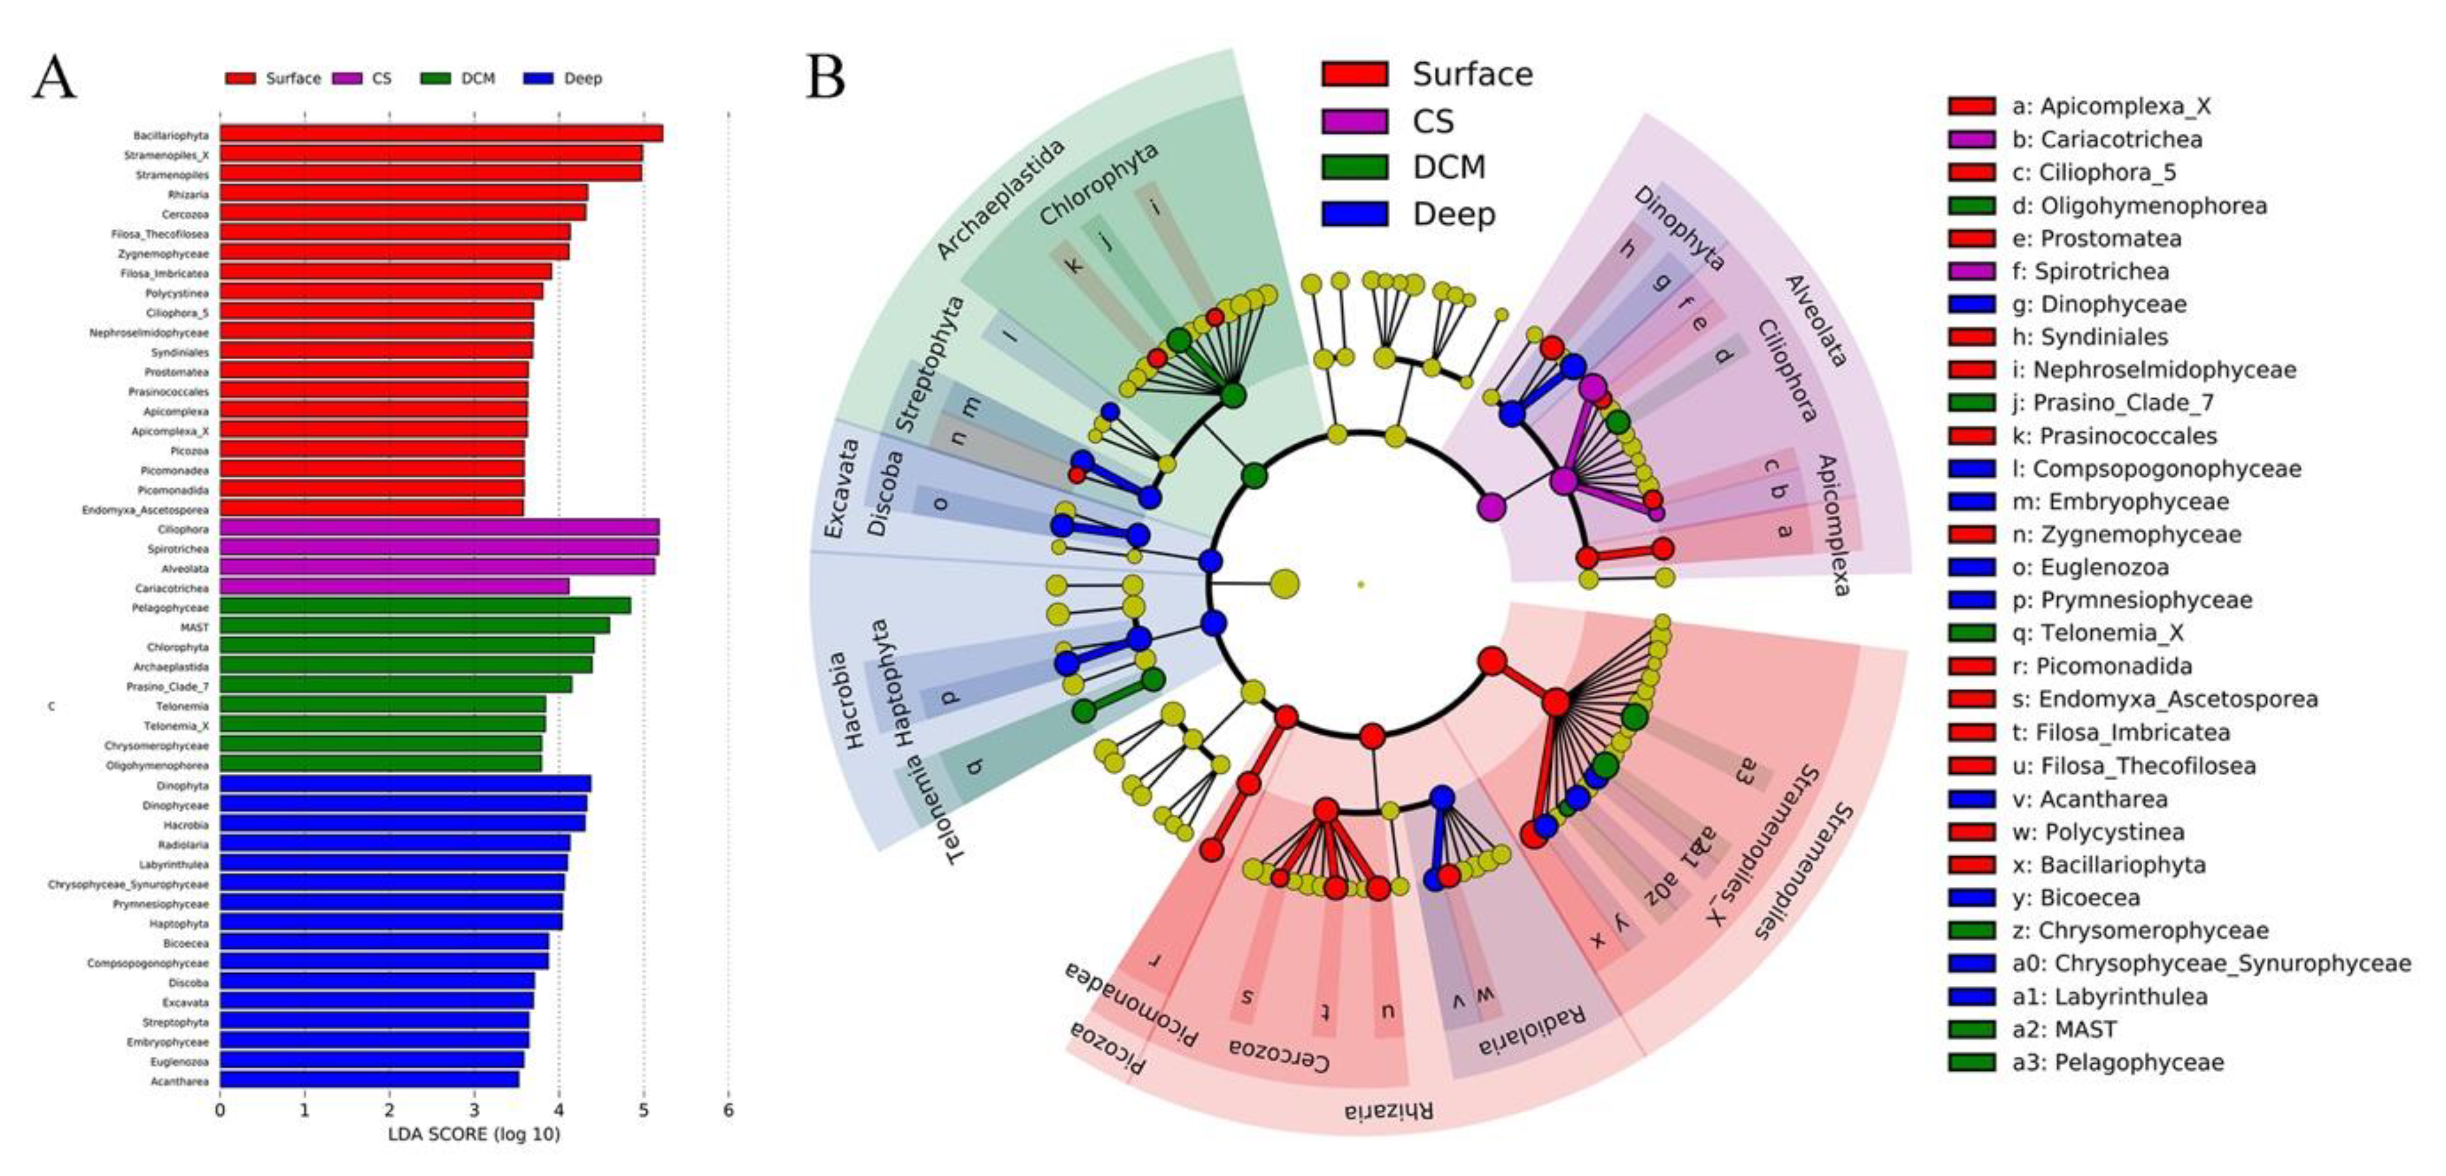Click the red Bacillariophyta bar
[x=441, y=135]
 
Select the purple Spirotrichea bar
[x=439, y=549]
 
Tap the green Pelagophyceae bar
[x=425, y=607]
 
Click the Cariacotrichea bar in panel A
[x=394, y=588]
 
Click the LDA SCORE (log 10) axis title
[x=474, y=1134]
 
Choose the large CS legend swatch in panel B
[x=1354, y=121]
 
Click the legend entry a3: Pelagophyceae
[x=2116, y=1062]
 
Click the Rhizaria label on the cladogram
[x=1388, y=1110]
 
